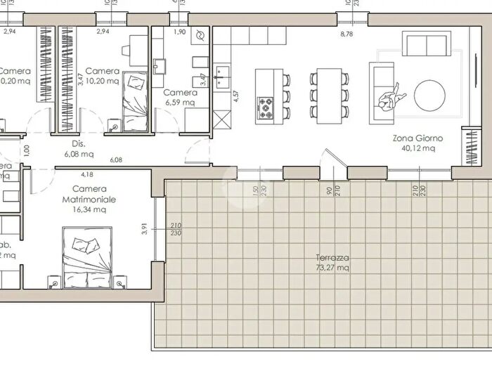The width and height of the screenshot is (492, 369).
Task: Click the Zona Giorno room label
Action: click(x=414, y=139)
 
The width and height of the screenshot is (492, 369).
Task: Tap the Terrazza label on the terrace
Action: click(x=332, y=258)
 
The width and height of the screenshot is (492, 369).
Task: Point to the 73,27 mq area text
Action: click(x=332, y=268)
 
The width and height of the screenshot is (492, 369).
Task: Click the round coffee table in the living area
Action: click(x=429, y=95)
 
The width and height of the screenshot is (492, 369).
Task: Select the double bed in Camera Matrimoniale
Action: click(x=86, y=257)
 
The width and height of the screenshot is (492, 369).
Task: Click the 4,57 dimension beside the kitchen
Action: click(x=236, y=95)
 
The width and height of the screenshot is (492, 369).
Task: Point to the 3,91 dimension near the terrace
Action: click(x=144, y=230)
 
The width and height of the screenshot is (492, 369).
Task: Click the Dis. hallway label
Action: click(x=68, y=143)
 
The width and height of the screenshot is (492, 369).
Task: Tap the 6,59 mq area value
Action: click(x=180, y=103)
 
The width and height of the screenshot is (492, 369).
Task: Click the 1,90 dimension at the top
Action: click(x=179, y=32)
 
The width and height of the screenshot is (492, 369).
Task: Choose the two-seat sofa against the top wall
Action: click(x=425, y=44)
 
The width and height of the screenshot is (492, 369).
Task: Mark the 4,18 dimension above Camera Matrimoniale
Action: click(x=87, y=174)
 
